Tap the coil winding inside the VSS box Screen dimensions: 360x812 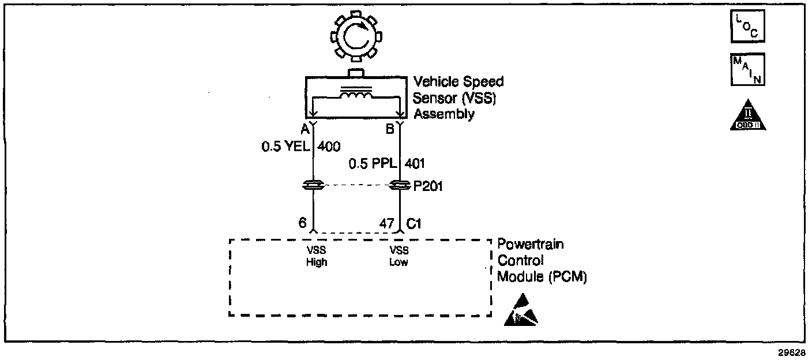coord(356,96)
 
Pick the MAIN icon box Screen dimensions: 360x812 coord(747,69)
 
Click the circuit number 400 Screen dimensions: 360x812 coord(329,147)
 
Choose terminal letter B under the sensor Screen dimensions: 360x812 coord(390,129)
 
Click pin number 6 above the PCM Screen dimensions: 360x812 coord(302,223)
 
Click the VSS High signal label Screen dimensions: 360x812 coord(316,256)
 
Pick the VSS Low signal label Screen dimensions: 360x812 coord(399,256)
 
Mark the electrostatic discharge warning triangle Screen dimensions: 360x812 coord(521,310)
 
